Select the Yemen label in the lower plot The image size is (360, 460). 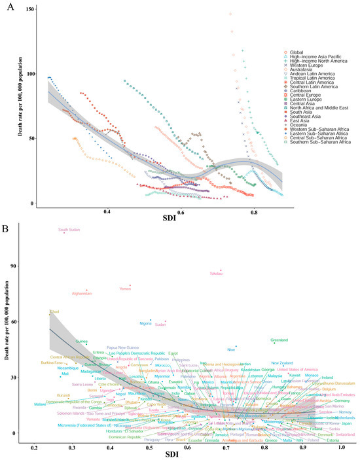click(124, 289)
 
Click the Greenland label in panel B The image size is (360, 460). click(279, 340)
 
